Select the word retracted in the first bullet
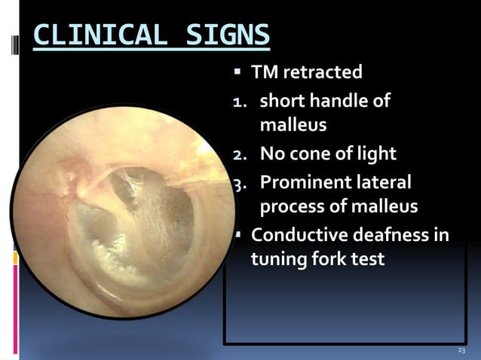pos(322,73)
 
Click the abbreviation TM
pos(264,73)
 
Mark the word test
pos(369,260)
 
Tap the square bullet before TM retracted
pos(237,73)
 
